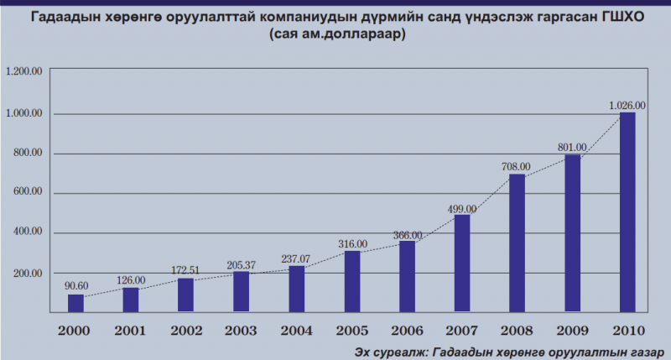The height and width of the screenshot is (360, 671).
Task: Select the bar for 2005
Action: (352, 281)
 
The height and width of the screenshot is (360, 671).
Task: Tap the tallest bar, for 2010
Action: (627, 211)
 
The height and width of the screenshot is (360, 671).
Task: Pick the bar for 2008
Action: (517, 243)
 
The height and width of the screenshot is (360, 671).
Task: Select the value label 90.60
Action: (75, 284)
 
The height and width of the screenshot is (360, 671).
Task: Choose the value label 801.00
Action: (572, 148)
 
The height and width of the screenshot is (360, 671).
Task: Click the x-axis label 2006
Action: (407, 330)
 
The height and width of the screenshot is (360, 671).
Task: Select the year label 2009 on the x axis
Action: (572, 330)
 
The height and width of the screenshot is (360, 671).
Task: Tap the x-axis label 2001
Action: (131, 330)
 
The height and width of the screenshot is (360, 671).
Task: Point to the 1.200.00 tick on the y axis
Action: (23, 72)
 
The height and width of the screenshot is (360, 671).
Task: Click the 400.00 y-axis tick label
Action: (26, 232)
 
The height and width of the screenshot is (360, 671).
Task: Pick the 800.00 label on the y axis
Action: (26, 153)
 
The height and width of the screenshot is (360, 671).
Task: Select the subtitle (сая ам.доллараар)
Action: (335, 35)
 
